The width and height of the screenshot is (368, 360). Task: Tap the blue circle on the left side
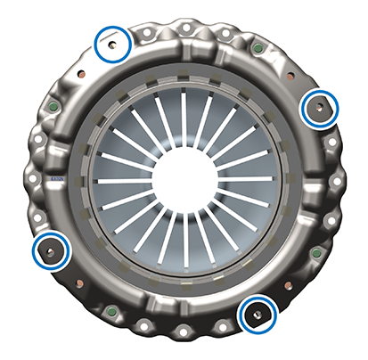51,250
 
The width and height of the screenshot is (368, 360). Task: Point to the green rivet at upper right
258,47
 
